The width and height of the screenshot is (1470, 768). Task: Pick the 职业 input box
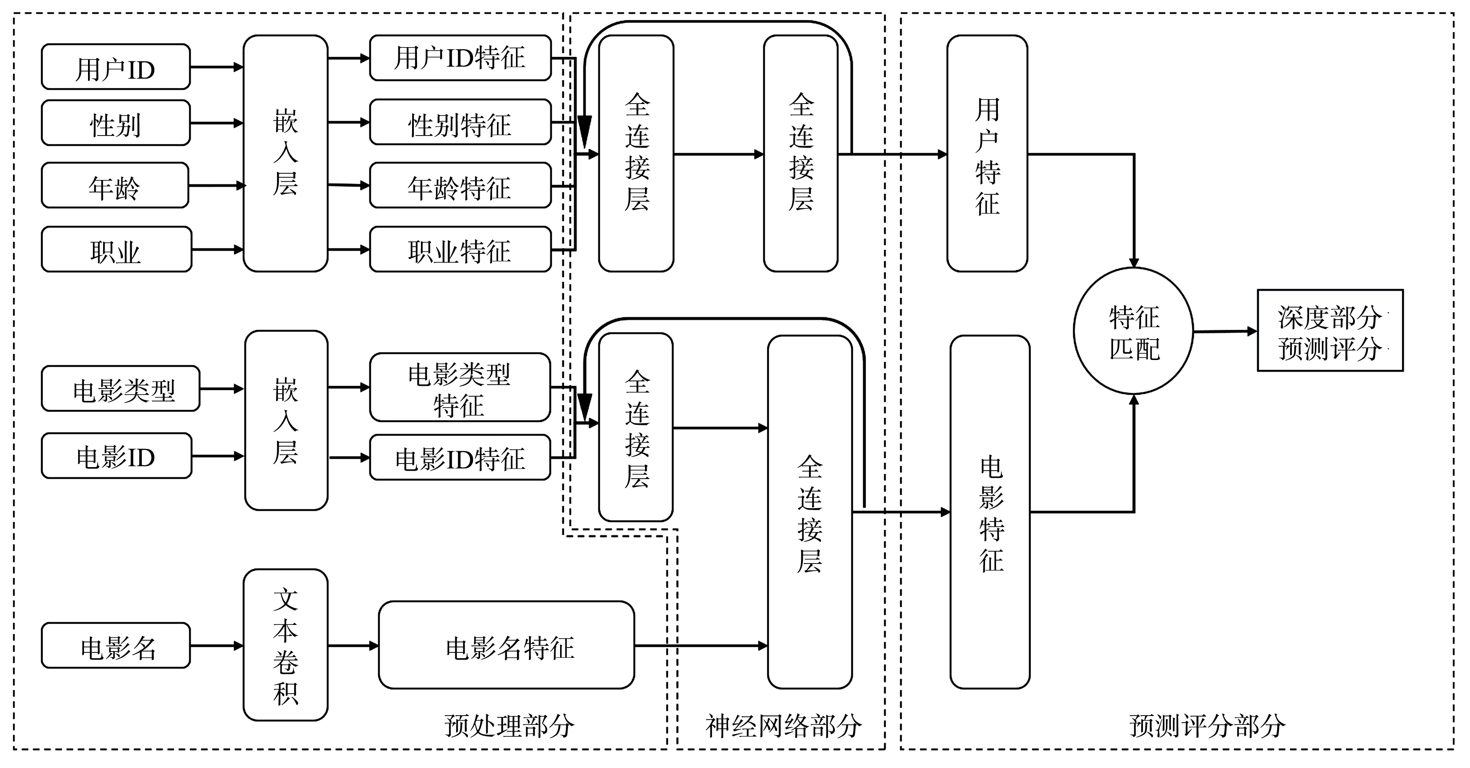coord(116,250)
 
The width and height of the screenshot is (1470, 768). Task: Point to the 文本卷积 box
coord(285,645)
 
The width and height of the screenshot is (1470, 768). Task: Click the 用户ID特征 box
coord(460,58)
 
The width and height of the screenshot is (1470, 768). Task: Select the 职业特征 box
coord(460,250)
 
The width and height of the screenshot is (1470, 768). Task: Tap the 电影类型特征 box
coord(460,388)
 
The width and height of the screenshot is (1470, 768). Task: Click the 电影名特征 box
coord(507,646)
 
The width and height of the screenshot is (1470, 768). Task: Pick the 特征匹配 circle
coord(1134,332)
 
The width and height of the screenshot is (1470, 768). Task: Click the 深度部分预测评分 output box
coord(1330,331)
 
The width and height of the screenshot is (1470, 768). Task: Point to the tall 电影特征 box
coord(990,512)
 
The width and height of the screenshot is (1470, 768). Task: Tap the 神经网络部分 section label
coord(783,726)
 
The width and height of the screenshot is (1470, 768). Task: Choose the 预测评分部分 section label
coord(1207,726)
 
